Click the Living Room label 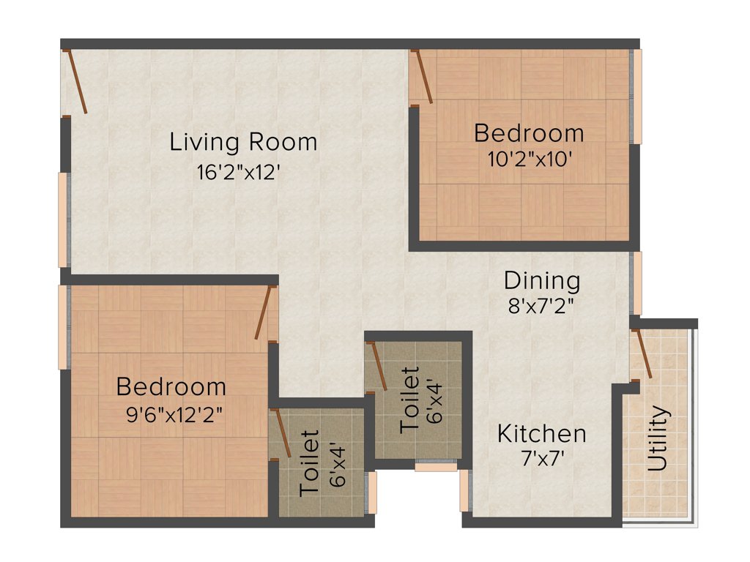pos(243,142)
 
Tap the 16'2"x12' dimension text pos(239,173)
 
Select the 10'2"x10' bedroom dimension pos(529,159)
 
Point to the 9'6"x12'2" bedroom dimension pos(174,415)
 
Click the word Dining pos(542,280)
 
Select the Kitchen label pos(542,433)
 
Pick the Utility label pos(658,438)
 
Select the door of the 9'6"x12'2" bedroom pos(264,313)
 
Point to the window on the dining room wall pos(637,283)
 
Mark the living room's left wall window pos(64,220)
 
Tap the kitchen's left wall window pos(464,490)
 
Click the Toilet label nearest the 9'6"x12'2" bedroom pos(310,464)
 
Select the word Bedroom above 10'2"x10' pos(529,134)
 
